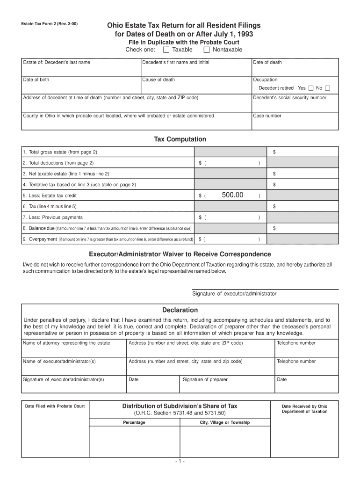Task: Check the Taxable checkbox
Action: click(166, 50)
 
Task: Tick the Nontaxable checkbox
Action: click(207, 50)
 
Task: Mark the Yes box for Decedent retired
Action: click(311, 88)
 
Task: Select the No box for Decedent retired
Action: click(327, 88)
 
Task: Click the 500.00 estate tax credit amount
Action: click(233, 195)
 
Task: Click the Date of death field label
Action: click(267, 62)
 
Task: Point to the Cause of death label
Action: click(159, 80)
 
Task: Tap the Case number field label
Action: click(267, 116)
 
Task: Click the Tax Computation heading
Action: click(180, 139)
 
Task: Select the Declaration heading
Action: click(180, 310)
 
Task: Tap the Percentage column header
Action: click(134, 422)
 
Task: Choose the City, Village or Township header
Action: click(225, 422)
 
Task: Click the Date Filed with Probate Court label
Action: click(55, 406)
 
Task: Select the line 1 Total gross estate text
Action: click(60, 152)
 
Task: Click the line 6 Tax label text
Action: click(50, 206)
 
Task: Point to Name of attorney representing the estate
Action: click(66, 343)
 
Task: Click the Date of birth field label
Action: click(36, 80)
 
